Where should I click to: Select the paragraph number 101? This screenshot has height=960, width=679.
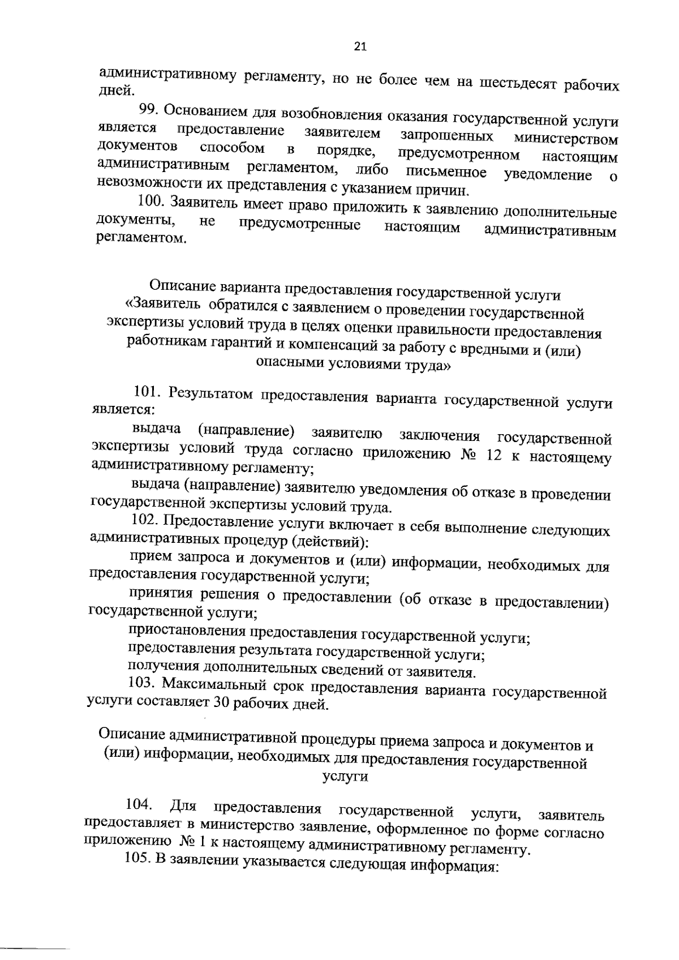(147, 391)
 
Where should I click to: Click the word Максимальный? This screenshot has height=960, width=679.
(214, 685)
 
